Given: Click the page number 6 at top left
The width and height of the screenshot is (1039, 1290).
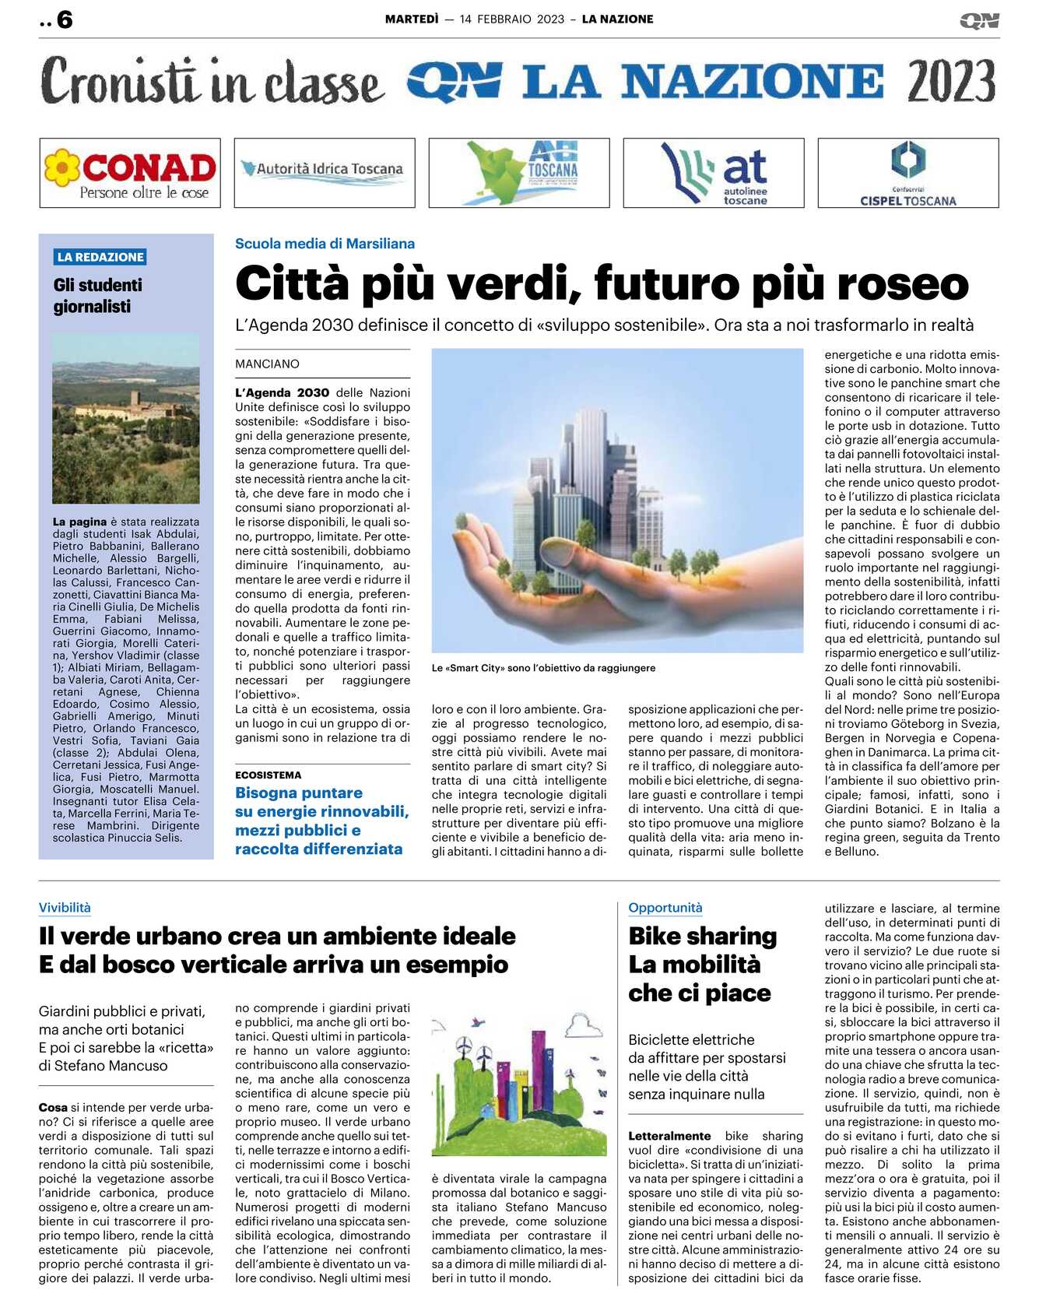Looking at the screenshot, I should (64, 19).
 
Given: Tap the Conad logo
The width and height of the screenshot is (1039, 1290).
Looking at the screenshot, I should (130, 173).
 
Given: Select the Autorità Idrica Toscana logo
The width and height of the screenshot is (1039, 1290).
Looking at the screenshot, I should (324, 169).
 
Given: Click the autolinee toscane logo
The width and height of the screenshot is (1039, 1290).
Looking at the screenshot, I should (714, 174).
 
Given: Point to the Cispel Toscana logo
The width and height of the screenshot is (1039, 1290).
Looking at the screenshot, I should (907, 174).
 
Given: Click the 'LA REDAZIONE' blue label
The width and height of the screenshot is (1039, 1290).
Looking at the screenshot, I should (100, 257).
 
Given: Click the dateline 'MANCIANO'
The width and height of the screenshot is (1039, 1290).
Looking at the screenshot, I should (267, 364).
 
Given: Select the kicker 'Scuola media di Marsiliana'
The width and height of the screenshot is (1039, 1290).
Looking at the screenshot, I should (325, 244).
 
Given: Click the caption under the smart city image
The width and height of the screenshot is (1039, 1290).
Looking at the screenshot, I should (543, 668).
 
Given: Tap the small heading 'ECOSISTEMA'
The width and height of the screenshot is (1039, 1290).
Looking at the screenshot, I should (268, 775).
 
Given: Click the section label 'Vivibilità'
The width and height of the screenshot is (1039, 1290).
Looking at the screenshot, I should (65, 908).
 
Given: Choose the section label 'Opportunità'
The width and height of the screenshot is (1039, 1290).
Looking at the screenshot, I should (665, 908).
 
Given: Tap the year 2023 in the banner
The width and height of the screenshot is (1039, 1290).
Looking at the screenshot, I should (951, 82).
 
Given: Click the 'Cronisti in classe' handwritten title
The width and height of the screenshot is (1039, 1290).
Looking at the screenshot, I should (212, 82).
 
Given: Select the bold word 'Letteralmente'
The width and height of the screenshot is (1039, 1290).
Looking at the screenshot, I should (669, 1137).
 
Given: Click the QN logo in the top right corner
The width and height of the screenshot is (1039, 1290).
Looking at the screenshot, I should (979, 20).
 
